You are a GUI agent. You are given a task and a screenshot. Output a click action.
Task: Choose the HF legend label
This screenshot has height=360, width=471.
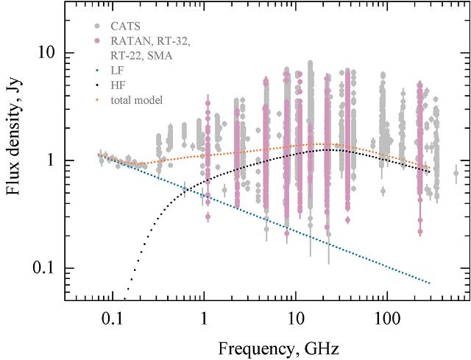pos(118,85)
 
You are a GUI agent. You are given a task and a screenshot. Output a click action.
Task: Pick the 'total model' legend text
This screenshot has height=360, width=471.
pos(137,99)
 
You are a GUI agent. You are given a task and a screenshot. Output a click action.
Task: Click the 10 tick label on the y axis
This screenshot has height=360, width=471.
pos(46,54)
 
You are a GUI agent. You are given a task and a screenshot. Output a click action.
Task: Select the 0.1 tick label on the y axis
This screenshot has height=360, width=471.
pos(43,268)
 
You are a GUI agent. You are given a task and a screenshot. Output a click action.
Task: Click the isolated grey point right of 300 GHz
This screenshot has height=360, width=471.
pos(456,174)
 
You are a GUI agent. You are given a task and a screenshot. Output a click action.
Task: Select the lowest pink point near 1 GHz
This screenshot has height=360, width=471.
pos(208,216)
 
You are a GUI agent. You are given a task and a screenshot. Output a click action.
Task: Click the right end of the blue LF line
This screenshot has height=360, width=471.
pos(429,283)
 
